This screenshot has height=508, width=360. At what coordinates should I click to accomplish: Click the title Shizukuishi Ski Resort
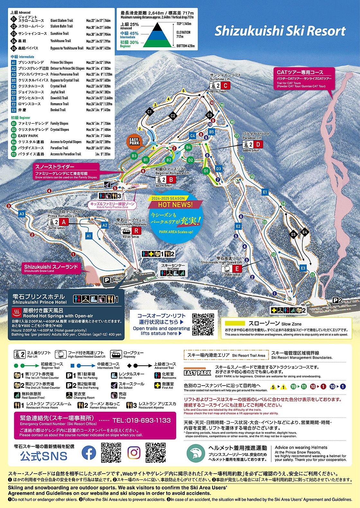pyautogui.click(x=280, y=31)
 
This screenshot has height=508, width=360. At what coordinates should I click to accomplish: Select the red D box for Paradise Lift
pyautogui.click(x=258, y=144)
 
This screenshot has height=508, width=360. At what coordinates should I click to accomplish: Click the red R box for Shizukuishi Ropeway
pyautogui.click(x=137, y=230)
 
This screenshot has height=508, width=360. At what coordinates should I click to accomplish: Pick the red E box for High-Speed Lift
pyautogui.click(x=237, y=269)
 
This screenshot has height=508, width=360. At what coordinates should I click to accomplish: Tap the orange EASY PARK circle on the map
pyautogui.click(x=134, y=141)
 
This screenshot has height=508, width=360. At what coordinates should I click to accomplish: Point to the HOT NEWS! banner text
pyautogui.click(x=175, y=205)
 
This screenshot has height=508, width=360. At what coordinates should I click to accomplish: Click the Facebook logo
pyautogui.click(x=89, y=452)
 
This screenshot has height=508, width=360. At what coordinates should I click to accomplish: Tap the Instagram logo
pyautogui.click(x=134, y=452)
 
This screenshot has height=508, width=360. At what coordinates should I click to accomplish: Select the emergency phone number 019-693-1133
pyautogui.click(x=141, y=420)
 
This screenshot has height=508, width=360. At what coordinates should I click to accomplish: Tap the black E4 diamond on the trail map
pyautogui.click(x=304, y=232)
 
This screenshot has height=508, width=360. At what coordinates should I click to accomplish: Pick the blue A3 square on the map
pyautogui.click(x=22, y=214)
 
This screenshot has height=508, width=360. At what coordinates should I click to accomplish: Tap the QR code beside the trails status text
pyautogui.click(x=203, y=325)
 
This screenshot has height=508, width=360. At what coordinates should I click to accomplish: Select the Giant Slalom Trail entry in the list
pyautogui.click(x=62, y=21)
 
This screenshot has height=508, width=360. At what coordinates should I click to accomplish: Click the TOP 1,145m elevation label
pyautogui.click(x=184, y=24)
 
